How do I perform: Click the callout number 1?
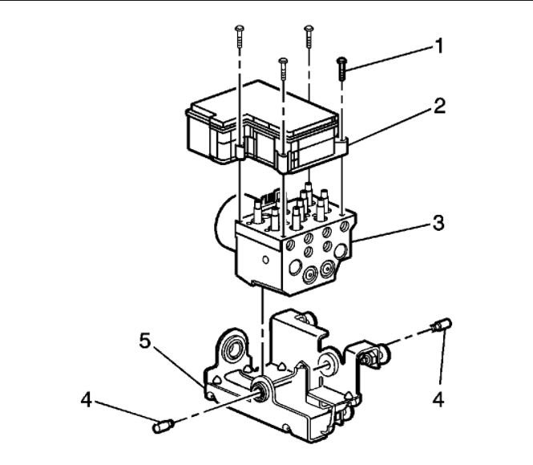438,46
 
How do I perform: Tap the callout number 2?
438,105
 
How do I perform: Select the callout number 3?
438,223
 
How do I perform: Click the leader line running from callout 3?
393,231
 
